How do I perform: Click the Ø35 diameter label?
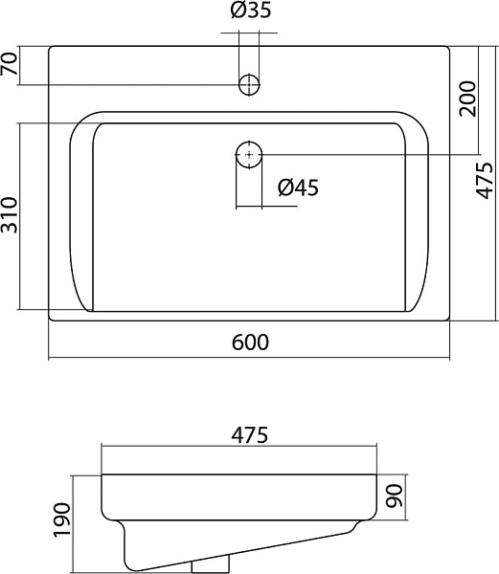[251, 10]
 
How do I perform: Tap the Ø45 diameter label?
[298, 188]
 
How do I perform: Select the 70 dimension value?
[10, 64]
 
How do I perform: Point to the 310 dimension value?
[10, 215]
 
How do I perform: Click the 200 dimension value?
[467, 99]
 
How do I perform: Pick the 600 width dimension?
[250, 342]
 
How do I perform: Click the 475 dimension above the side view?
[249, 435]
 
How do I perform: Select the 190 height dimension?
[61, 520]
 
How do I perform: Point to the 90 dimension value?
[395, 496]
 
